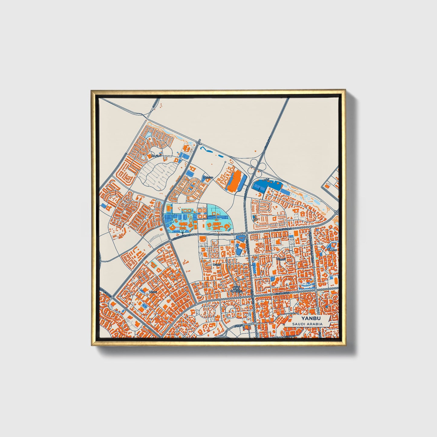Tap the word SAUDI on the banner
298,324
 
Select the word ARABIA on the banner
315,324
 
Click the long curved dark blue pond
206,149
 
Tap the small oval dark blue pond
220,156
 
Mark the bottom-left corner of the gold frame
92,345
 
